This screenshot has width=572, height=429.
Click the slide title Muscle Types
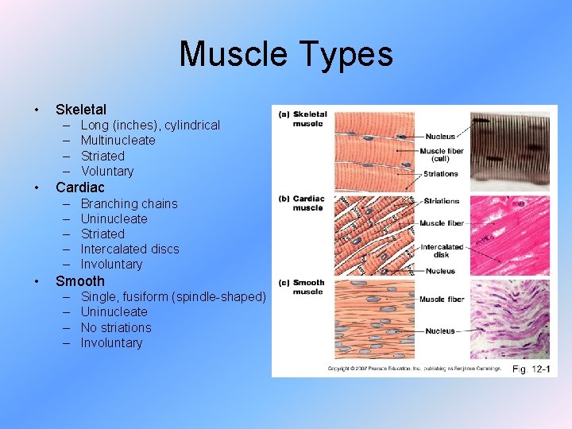(x=286, y=54)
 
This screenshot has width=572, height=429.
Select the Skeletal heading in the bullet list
(x=80, y=109)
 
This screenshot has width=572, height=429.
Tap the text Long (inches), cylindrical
(x=150, y=126)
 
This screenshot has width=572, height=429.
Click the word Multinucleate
(x=118, y=141)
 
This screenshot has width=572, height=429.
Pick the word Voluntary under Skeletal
(x=107, y=171)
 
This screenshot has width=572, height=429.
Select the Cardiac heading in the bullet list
(x=79, y=187)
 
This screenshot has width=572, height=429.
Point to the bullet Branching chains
(x=129, y=203)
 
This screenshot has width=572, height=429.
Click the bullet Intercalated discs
(x=129, y=249)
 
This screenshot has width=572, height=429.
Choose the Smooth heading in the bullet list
(x=79, y=280)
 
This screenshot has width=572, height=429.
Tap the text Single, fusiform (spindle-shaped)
(x=173, y=296)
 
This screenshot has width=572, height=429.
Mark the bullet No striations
(x=115, y=327)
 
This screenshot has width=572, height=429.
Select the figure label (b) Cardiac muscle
(x=302, y=203)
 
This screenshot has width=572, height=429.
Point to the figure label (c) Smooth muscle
(x=302, y=287)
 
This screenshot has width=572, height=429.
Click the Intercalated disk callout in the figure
(x=442, y=250)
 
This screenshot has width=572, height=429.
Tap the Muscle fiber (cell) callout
(x=442, y=155)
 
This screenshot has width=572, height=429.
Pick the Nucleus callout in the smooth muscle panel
(x=440, y=330)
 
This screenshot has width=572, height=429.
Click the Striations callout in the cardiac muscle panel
(x=441, y=201)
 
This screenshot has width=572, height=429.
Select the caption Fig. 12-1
(x=531, y=369)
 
